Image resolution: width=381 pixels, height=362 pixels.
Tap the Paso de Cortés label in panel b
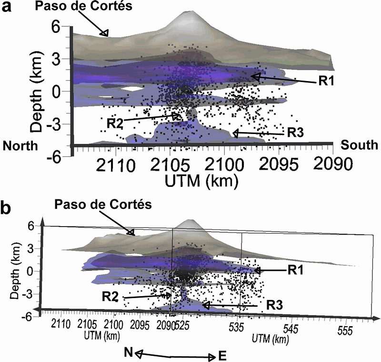pos(103,205)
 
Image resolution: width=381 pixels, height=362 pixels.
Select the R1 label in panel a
pos(326,82)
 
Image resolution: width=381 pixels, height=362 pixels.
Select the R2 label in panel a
pos(115,123)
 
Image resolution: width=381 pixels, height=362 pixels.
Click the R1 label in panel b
pos(296,270)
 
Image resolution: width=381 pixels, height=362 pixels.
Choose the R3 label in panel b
pos(276,304)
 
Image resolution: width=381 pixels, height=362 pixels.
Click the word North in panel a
pos(20,145)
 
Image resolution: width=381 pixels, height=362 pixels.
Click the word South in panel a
pos(359,145)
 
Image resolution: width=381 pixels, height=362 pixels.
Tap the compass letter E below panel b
pos(222,355)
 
